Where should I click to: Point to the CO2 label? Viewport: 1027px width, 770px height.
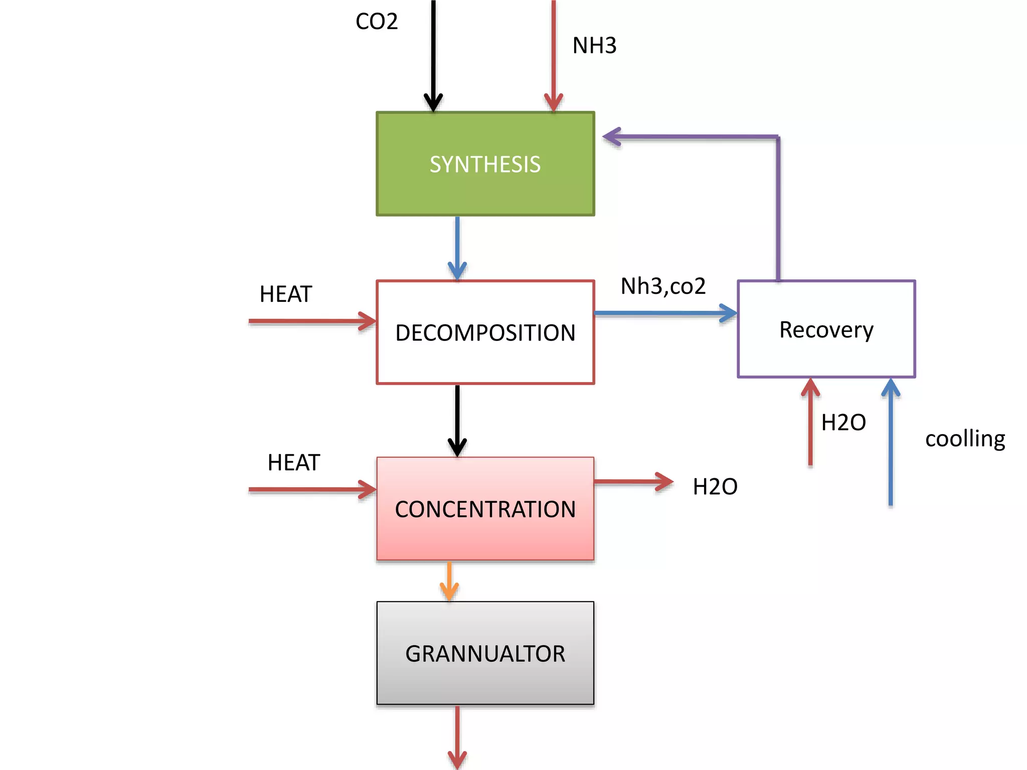point(377,22)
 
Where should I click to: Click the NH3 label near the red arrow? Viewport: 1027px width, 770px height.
point(594,46)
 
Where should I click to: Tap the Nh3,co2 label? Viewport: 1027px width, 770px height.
point(663,286)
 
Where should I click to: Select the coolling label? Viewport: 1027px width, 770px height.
point(965,439)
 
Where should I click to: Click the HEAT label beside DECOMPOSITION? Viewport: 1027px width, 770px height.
point(286,294)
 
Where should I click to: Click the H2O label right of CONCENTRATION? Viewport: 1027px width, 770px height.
point(715,487)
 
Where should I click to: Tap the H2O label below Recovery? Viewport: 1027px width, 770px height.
point(843,423)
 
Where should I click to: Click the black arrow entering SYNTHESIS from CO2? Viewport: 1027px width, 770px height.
point(433,55)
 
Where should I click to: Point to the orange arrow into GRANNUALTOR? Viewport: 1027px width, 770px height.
point(449,582)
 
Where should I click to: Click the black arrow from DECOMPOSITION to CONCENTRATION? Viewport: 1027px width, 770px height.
point(457,421)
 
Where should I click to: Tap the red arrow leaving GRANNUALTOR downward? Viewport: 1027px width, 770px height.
point(457,737)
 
